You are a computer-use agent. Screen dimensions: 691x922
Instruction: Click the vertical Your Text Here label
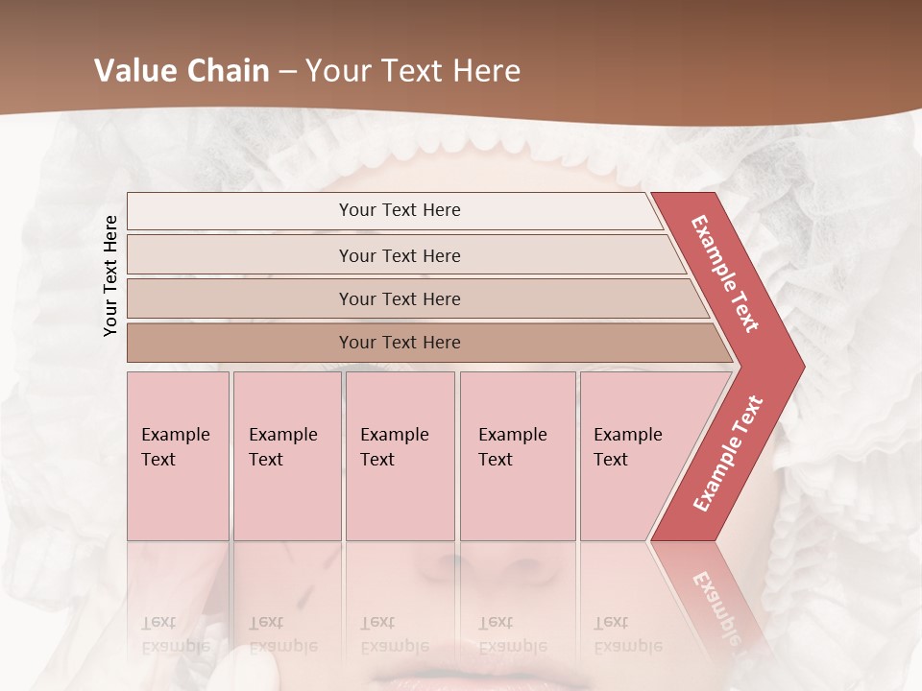(111, 275)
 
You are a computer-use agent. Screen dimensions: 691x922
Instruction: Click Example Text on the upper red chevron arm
(725, 274)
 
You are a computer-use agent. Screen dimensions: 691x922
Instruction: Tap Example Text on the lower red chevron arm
(728, 454)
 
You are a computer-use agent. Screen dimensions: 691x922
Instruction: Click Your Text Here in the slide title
(413, 71)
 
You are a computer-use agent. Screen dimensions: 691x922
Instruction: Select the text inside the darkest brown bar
(400, 343)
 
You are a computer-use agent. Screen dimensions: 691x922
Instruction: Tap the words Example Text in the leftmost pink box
(175, 447)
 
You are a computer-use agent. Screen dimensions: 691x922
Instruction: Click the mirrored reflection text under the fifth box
(627, 634)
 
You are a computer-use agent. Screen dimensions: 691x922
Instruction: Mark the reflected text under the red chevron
(715, 600)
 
